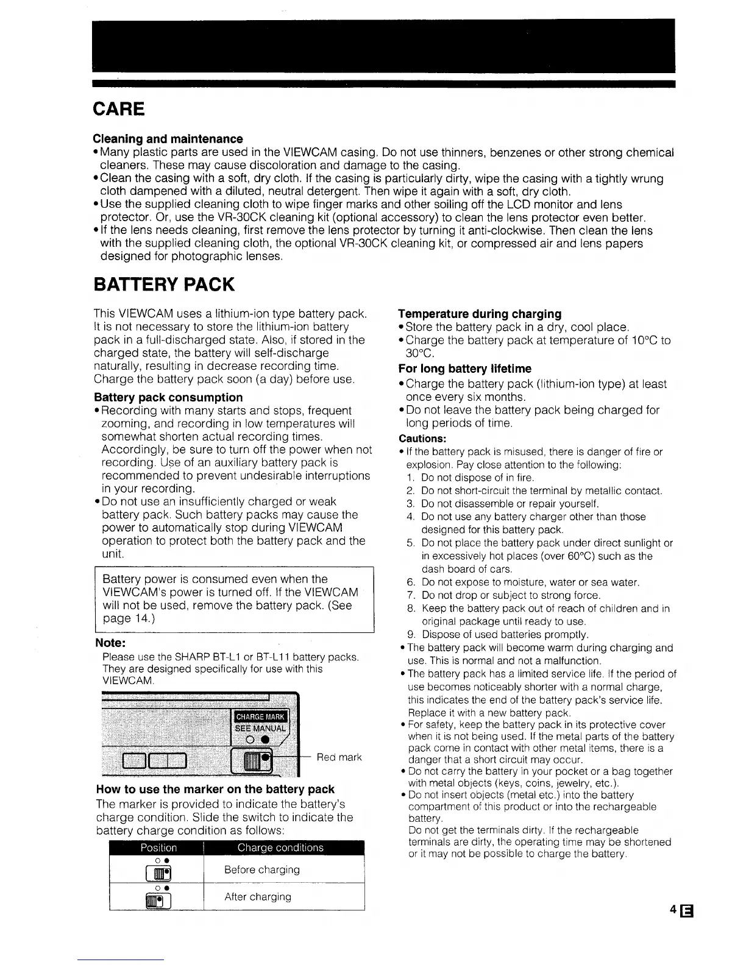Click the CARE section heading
pos(119,109)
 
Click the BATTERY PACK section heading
pos(163,285)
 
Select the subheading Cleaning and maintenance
pos(168,139)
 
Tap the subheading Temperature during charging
pos(480,314)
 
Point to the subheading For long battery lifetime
pos(464,369)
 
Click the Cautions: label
pos(422,439)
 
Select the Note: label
pos(111,643)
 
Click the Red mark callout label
pos(339,757)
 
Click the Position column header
pos(158,847)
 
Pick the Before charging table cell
pos(261,870)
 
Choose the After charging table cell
pos(258,897)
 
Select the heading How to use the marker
pos(215,790)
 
